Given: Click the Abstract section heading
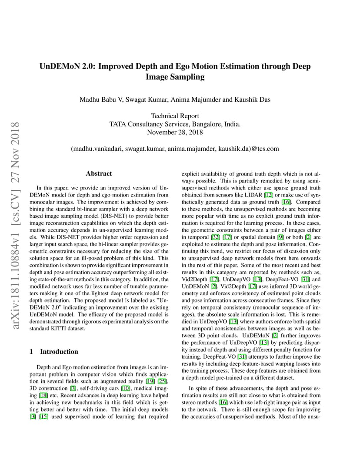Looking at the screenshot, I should tap(99, 173).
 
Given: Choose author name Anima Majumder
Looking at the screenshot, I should tap(195, 100).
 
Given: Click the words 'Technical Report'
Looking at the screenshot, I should tap(175, 116).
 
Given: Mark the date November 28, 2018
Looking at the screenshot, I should tap(175, 132).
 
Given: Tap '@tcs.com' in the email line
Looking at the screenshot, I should tap(265, 149).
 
